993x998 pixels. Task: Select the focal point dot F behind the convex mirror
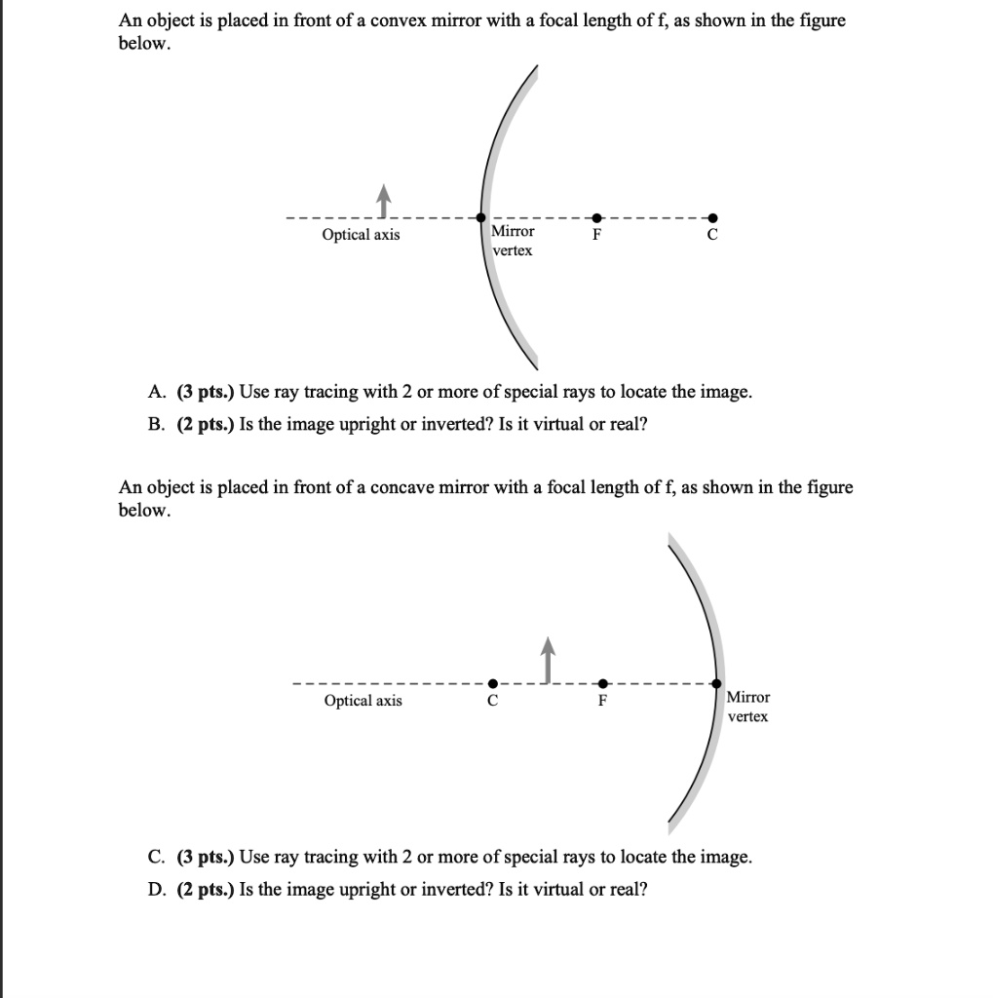(597, 217)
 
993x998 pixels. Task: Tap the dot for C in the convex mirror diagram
(712, 217)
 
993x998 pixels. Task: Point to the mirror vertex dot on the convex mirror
(481, 218)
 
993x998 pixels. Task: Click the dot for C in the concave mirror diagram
(493, 683)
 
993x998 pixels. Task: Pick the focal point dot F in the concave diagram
(602, 683)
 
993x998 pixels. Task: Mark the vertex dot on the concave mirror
(717, 684)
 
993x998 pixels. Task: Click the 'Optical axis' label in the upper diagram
(361, 235)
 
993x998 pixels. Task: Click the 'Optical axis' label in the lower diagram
(363, 701)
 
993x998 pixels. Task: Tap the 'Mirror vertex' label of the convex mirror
(513, 241)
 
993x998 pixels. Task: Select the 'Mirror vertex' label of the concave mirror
(748, 707)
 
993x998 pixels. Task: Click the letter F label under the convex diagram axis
(597, 236)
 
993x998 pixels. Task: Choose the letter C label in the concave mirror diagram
(493, 701)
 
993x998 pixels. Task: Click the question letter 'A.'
(157, 392)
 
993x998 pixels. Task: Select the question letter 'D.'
(157, 889)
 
